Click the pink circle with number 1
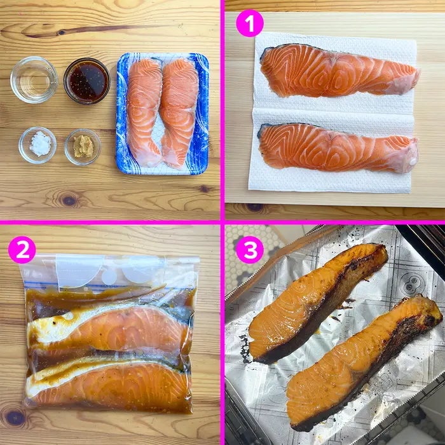coord(250,23)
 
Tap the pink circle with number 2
coord(22,250)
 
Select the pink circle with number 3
coord(250,250)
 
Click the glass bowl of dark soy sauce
coord(87,81)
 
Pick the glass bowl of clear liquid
coord(34,79)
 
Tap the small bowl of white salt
coord(38,145)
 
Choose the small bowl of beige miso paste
coord(83,147)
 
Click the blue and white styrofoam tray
coord(162,114)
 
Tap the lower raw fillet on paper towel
coord(338,148)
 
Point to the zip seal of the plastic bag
coord(111,285)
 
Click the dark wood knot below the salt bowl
coord(69,200)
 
